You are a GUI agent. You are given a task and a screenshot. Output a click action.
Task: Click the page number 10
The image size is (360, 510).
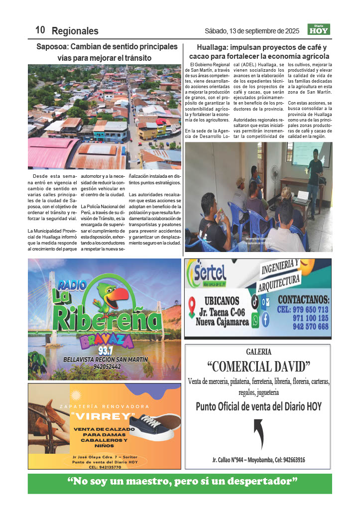tap(40, 30)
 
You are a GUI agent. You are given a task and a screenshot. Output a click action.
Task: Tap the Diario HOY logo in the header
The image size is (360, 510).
tap(319, 30)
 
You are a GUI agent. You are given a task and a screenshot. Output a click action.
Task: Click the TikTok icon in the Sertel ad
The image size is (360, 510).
tap(255, 301)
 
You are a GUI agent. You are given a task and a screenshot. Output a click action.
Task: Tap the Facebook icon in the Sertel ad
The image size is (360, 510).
tap(265, 320)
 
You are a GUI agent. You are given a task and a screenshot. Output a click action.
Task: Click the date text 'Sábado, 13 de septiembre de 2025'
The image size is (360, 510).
tap(251, 31)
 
